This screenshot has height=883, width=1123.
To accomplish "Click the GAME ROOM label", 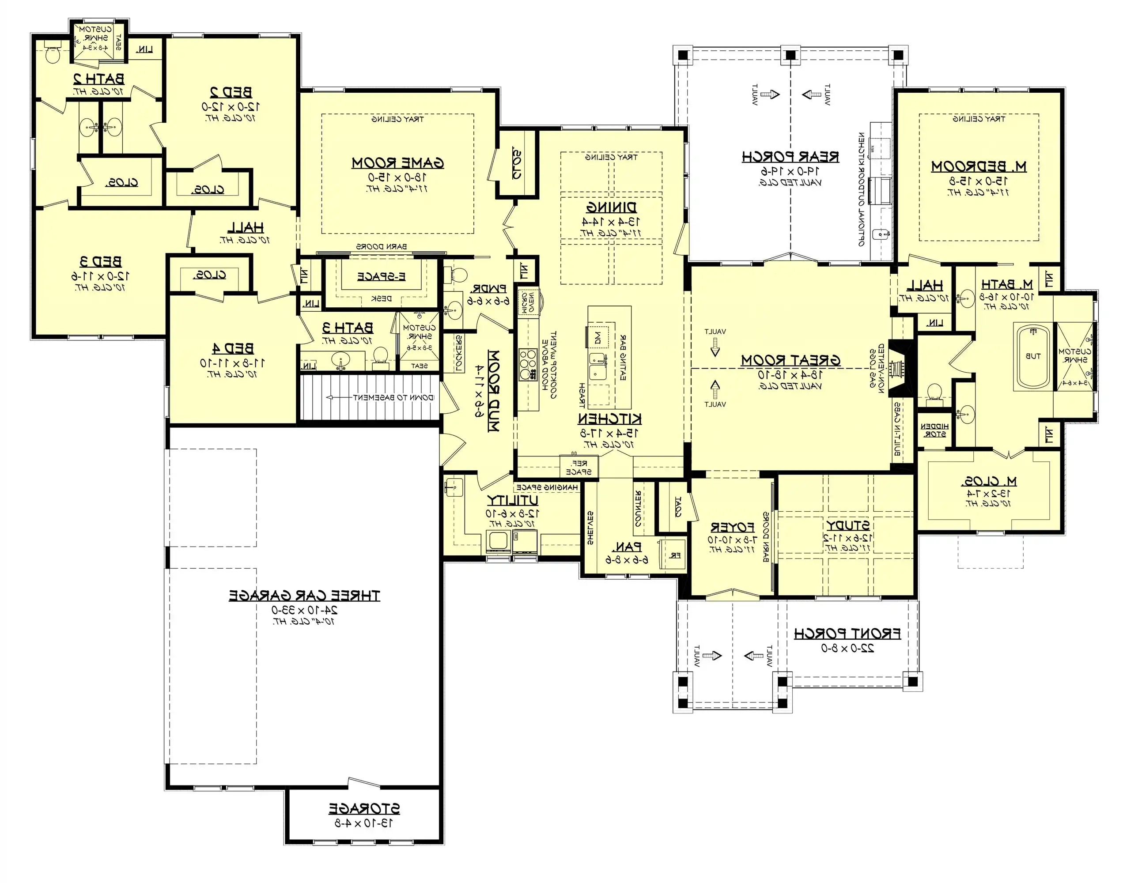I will click(x=397, y=163).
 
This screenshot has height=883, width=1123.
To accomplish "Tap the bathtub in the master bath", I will click(x=1033, y=356).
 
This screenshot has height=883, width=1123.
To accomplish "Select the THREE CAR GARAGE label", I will click(x=305, y=596).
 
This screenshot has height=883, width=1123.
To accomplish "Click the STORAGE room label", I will click(x=364, y=808).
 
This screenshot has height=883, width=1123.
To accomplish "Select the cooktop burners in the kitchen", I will click(x=528, y=365).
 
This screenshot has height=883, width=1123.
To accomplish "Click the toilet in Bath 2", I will click(x=52, y=54).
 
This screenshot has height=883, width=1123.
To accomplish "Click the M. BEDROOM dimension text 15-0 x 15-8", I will click(x=978, y=181).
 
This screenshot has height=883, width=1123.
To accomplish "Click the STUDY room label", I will click(x=847, y=526).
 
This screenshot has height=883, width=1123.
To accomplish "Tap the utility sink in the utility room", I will click(x=454, y=487).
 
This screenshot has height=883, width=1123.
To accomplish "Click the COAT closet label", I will click(x=677, y=507).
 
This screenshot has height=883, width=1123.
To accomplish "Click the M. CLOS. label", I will click(x=989, y=481).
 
